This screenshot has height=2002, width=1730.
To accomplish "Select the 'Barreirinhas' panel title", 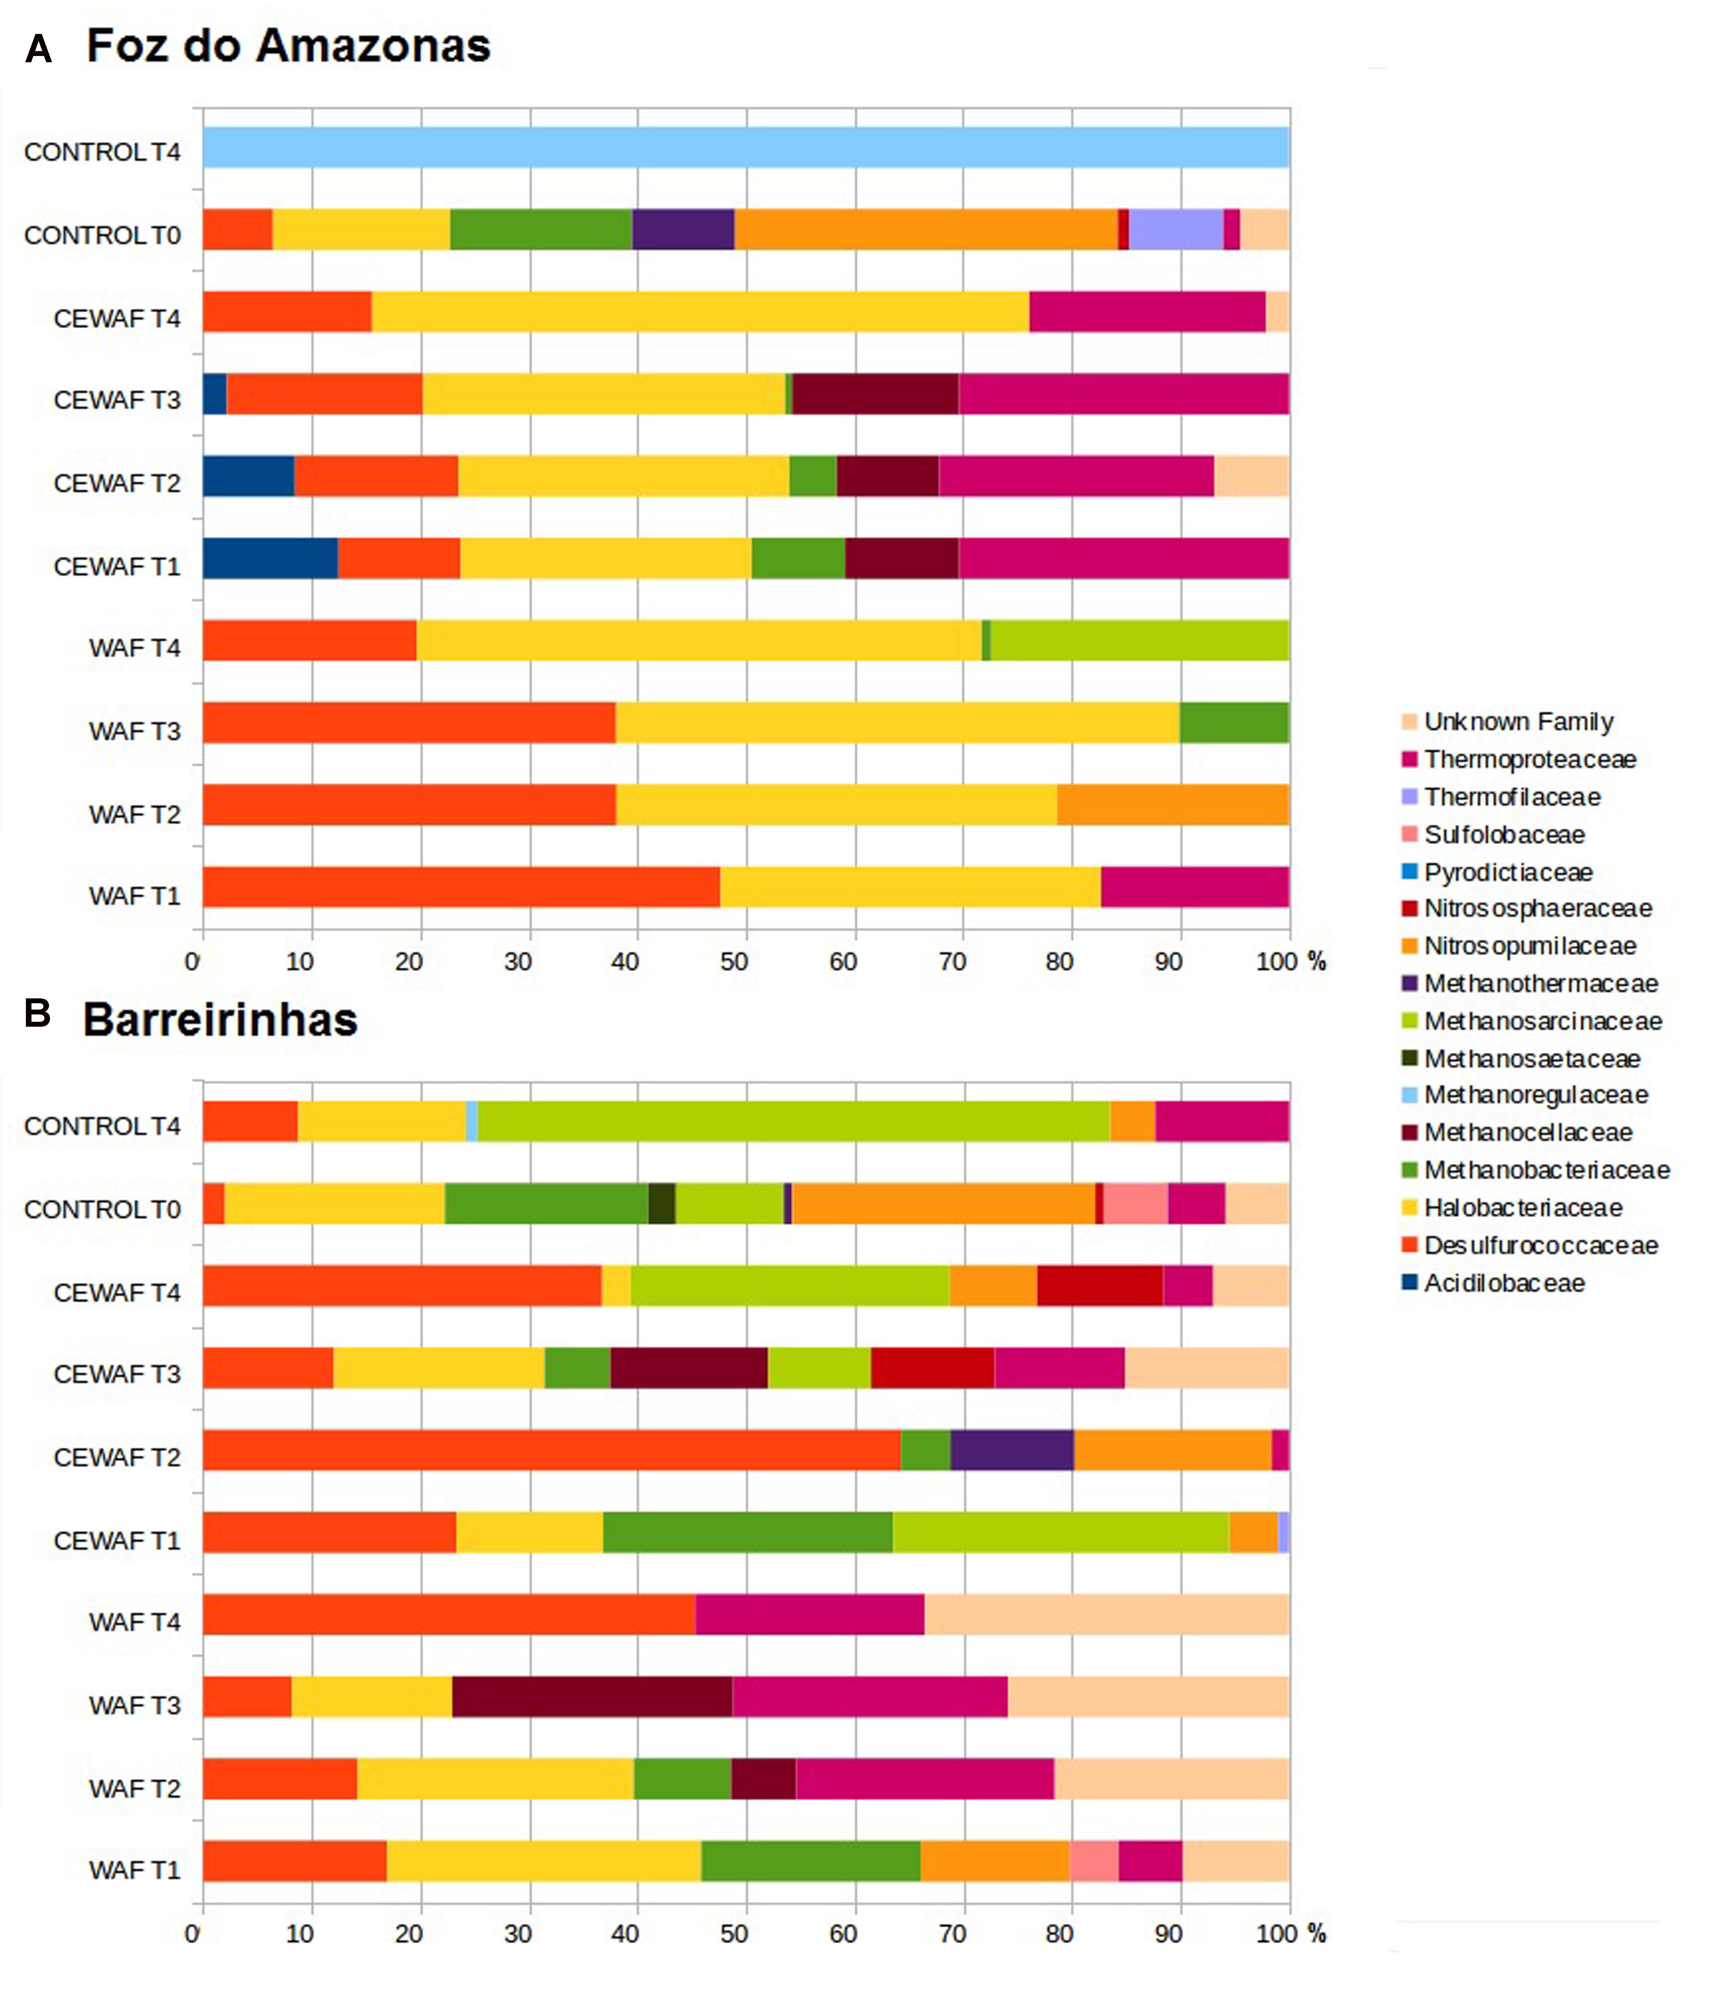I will tap(220, 1020).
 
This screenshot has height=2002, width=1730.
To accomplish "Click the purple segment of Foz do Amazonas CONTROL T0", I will tap(683, 230).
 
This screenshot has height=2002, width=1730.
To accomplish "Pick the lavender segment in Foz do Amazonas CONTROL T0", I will tap(1176, 230).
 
